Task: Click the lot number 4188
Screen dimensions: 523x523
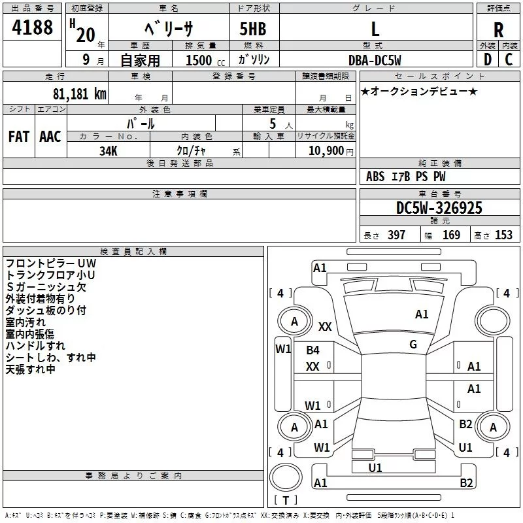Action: click(33, 27)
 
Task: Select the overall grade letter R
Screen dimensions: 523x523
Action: click(498, 29)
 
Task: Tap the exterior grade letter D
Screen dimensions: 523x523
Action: click(487, 59)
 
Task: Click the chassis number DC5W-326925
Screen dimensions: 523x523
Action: click(439, 208)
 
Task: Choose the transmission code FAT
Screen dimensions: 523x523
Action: click(19, 137)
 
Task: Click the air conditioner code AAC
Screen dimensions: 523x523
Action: click(50, 137)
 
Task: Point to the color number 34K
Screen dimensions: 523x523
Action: click(108, 150)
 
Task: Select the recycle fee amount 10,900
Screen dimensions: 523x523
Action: click(325, 150)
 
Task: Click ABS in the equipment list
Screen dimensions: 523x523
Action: click(375, 177)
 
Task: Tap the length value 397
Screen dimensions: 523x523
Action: click(396, 235)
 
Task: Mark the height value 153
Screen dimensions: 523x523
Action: click(503, 235)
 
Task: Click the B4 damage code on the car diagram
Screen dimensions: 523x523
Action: click(313, 350)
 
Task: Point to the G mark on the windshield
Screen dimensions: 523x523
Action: click(413, 345)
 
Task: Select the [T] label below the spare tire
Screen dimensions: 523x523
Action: click(286, 500)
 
